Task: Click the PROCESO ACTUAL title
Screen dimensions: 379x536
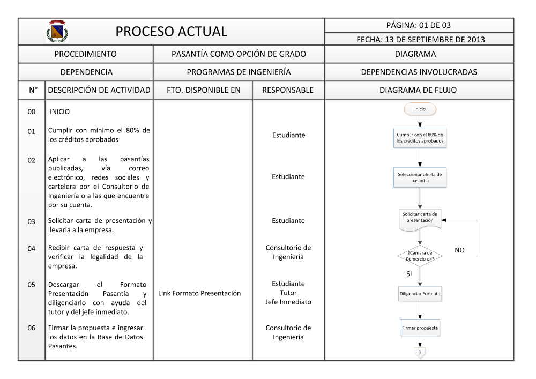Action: [x=172, y=32]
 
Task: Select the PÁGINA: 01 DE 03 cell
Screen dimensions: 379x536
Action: [x=419, y=25]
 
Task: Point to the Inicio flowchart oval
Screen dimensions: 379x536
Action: [x=420, y=109]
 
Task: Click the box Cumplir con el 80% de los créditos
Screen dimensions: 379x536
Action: [x=420, y=138]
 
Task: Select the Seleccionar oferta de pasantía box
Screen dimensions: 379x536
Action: [x=420, y=177]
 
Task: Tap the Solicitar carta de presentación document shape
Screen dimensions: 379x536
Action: [x=420, y=219]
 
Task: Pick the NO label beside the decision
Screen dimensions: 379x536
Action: [x=459, y=250]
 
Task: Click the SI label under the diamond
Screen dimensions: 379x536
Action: [x=408, y=274]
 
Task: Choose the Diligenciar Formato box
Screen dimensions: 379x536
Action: [x=420, y=294]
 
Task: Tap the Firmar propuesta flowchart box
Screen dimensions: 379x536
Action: [x=420, y=327]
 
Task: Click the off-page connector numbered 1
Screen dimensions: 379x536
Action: [x=420, y=351]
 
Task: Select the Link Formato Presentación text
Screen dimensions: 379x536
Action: [x=203, y=293]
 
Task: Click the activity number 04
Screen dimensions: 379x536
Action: [x=32, y=248]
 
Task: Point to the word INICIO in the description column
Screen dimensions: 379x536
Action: [x=59, y=112]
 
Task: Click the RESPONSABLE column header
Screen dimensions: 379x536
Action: [x=288, y=91]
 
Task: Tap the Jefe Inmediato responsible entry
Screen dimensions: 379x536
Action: [x=288, y=302]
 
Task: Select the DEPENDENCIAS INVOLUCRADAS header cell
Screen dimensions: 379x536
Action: [x=419, y=72]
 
